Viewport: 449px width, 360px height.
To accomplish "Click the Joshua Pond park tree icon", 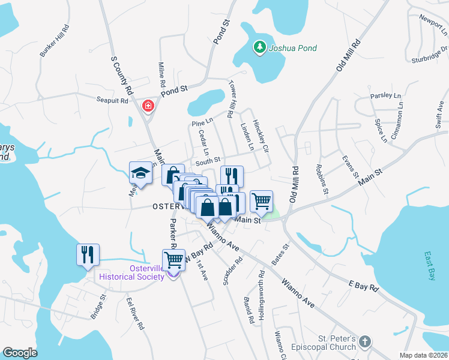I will tap(259, 47).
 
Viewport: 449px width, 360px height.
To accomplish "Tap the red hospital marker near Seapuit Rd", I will tap(148, 106).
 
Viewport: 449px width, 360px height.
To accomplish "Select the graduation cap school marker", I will tap(140, 173).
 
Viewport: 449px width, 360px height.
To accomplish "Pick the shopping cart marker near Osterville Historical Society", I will tap(173, 259).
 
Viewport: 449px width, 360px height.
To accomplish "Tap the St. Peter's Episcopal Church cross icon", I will tap(364, 342).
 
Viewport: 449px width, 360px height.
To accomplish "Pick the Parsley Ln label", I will tap(385, 95).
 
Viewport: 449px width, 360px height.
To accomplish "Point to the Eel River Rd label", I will tap(135, 313).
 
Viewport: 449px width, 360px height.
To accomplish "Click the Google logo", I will tap(20, 352).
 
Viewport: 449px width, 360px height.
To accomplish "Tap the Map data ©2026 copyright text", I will tap(423, 355).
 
